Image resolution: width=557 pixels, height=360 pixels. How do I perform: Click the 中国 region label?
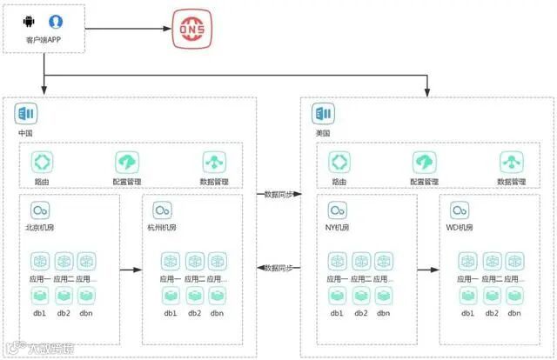[x=25, y=133]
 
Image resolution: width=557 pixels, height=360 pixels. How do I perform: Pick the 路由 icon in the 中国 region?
[x=43, y=162]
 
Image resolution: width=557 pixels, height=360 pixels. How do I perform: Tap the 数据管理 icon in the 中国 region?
[x=214, y=162]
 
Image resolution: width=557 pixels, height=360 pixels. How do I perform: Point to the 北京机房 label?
[x=41, y=228]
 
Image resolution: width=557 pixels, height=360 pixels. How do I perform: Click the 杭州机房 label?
[x=163, y=228]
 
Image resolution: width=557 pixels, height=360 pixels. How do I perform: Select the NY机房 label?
[x=337, y=228]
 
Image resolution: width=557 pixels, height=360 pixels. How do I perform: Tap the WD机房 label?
[x=460, y=228]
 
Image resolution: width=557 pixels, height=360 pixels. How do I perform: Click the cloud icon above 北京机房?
[x=40, y=210]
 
